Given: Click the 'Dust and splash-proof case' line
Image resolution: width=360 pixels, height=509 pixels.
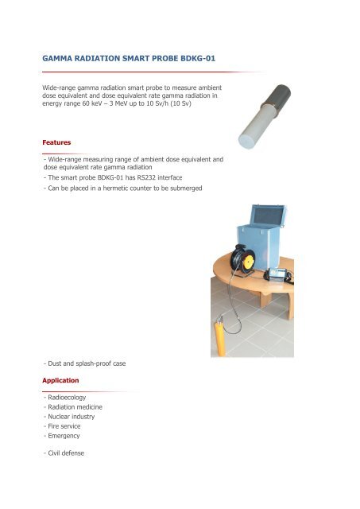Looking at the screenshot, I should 84,363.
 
